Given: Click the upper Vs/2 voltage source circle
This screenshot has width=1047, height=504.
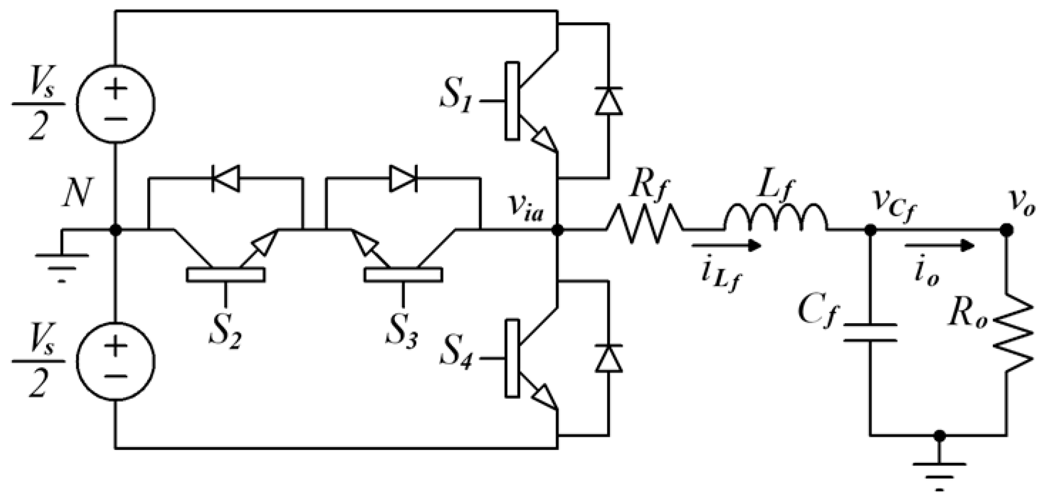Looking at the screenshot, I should [115, 103].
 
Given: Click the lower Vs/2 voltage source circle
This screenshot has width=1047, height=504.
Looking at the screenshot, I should [115, 361].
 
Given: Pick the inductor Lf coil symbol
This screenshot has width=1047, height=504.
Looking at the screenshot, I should [775, 218].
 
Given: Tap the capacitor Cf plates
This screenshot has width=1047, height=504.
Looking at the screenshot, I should [870, 333].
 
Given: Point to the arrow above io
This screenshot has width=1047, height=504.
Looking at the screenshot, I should [939, 245].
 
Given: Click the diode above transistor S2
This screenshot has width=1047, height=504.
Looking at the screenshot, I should [225, 178].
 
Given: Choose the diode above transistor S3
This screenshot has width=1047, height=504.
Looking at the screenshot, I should [403, 178].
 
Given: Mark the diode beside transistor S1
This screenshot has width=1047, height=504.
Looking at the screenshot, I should [608, 102].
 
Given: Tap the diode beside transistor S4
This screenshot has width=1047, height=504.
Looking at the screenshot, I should [608, 358].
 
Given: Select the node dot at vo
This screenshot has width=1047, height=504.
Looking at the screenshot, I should [1006, 230].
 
